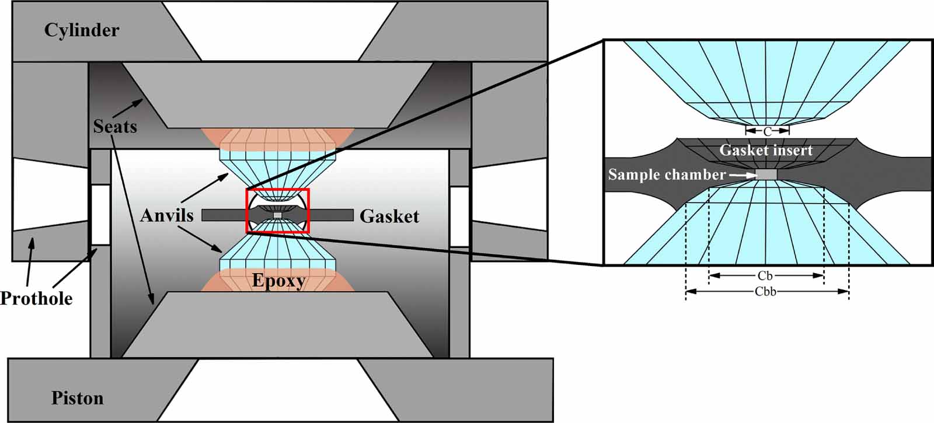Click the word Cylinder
click(x=82, y=30)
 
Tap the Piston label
click(x=78, y=398)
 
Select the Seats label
click(x=115, y=126)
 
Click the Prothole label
click(x=36, y=298)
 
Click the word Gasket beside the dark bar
click(x=389, y=216)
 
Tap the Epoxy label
click(x=278, y=281)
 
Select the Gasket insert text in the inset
click(x=766, y=150)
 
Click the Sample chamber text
click(x=667, y=174)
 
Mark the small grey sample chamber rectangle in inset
click(x=767, y=174)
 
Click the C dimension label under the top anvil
click(x=767, y=132)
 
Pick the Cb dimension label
click(x=765, y=275)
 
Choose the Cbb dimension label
click(x=765, y=292)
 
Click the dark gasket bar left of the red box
click(x=224, y=215)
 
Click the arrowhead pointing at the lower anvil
click(x=217, y=249)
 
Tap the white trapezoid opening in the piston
click(x=278, y=390)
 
